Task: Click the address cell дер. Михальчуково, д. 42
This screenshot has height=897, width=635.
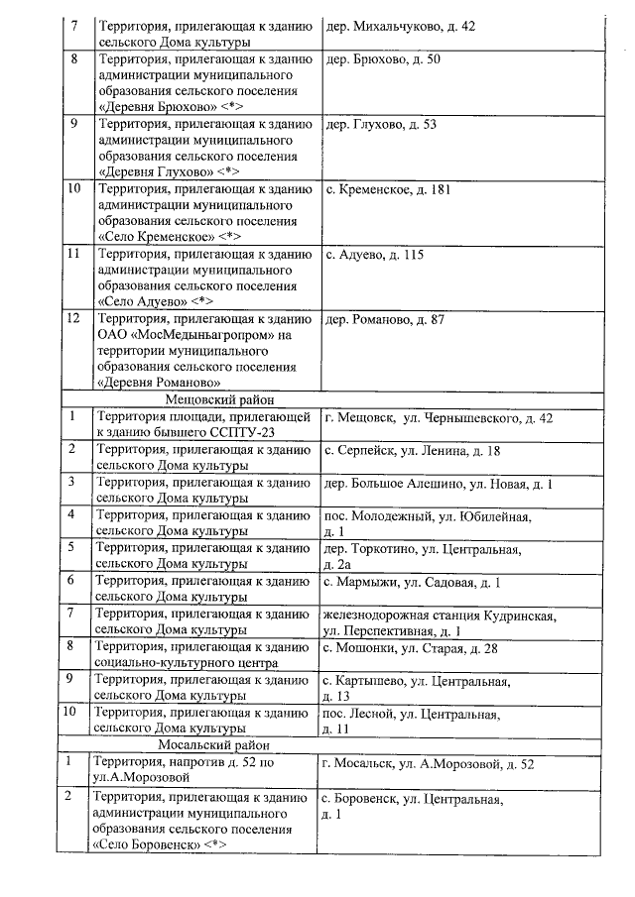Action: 400,26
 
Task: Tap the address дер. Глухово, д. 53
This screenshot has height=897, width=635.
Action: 380,124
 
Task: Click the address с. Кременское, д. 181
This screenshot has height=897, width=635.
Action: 388,189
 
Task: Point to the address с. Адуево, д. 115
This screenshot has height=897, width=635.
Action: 374,255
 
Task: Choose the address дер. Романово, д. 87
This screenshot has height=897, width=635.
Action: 384,319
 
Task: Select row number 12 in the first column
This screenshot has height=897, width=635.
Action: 71,319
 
